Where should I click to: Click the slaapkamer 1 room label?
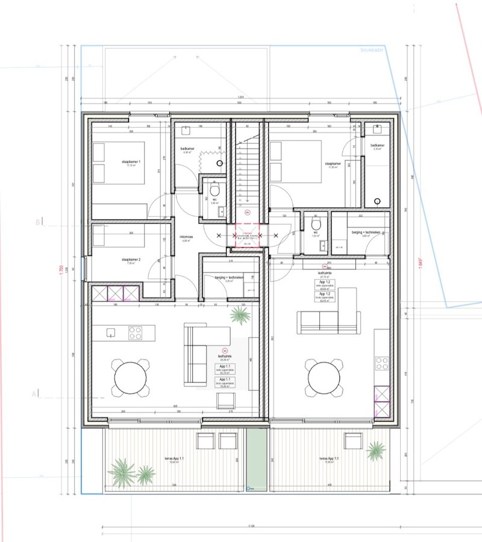point(131,162)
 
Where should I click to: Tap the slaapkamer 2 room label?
point(131,260)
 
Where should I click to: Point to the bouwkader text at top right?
point(371,51)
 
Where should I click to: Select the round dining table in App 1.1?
point(130,378)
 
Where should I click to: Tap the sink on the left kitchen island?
point(111,332)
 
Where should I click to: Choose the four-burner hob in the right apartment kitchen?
point(382,363)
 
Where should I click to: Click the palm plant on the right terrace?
point(375,450)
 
